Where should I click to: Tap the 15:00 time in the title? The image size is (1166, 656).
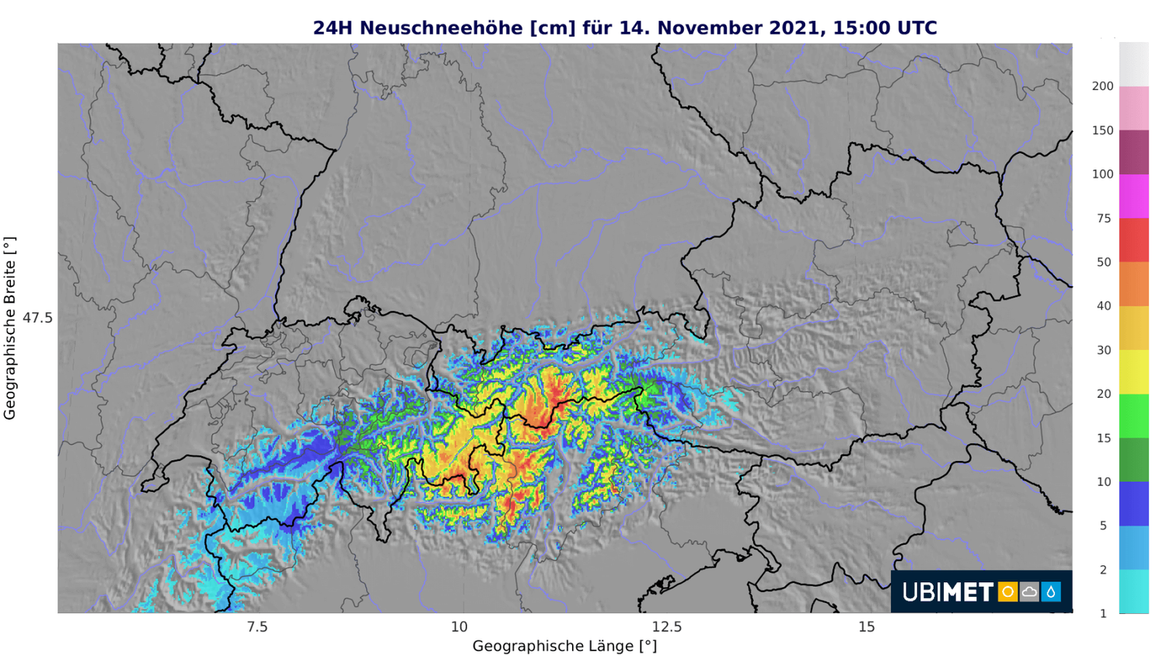[x=861, y=28]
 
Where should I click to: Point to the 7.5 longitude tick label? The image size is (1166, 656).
[x=257, y=627]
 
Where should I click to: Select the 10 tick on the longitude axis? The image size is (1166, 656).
[x=459, y=627]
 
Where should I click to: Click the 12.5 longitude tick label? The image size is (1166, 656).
[x=666, y=627]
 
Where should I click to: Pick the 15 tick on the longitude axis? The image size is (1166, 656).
[x=867, y=627]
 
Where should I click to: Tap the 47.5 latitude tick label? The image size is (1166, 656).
[x=37, y=318]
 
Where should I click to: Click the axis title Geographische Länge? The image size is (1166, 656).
[x=564, y=646]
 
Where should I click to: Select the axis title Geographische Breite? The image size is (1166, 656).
[x=10, y=328]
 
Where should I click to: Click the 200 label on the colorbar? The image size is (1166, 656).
[x=1102, y=86]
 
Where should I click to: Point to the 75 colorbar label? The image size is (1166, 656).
[x=1104, y=218]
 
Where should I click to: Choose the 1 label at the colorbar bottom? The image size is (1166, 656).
[x=1103, y=613]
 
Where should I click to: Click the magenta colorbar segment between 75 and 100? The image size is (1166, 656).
[x=1133, y=196]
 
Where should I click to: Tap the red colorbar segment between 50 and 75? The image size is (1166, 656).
[x=1133, y=240]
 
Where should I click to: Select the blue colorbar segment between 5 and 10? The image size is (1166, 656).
[x=1133, y=504]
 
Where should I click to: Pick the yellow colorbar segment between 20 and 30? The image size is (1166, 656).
[x=1133, y=372]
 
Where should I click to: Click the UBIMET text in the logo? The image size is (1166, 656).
[x=948, y=592]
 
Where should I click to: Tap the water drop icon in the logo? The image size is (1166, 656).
[x=1051, y=592]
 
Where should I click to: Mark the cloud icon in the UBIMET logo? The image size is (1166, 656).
[x=1029, y=592]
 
